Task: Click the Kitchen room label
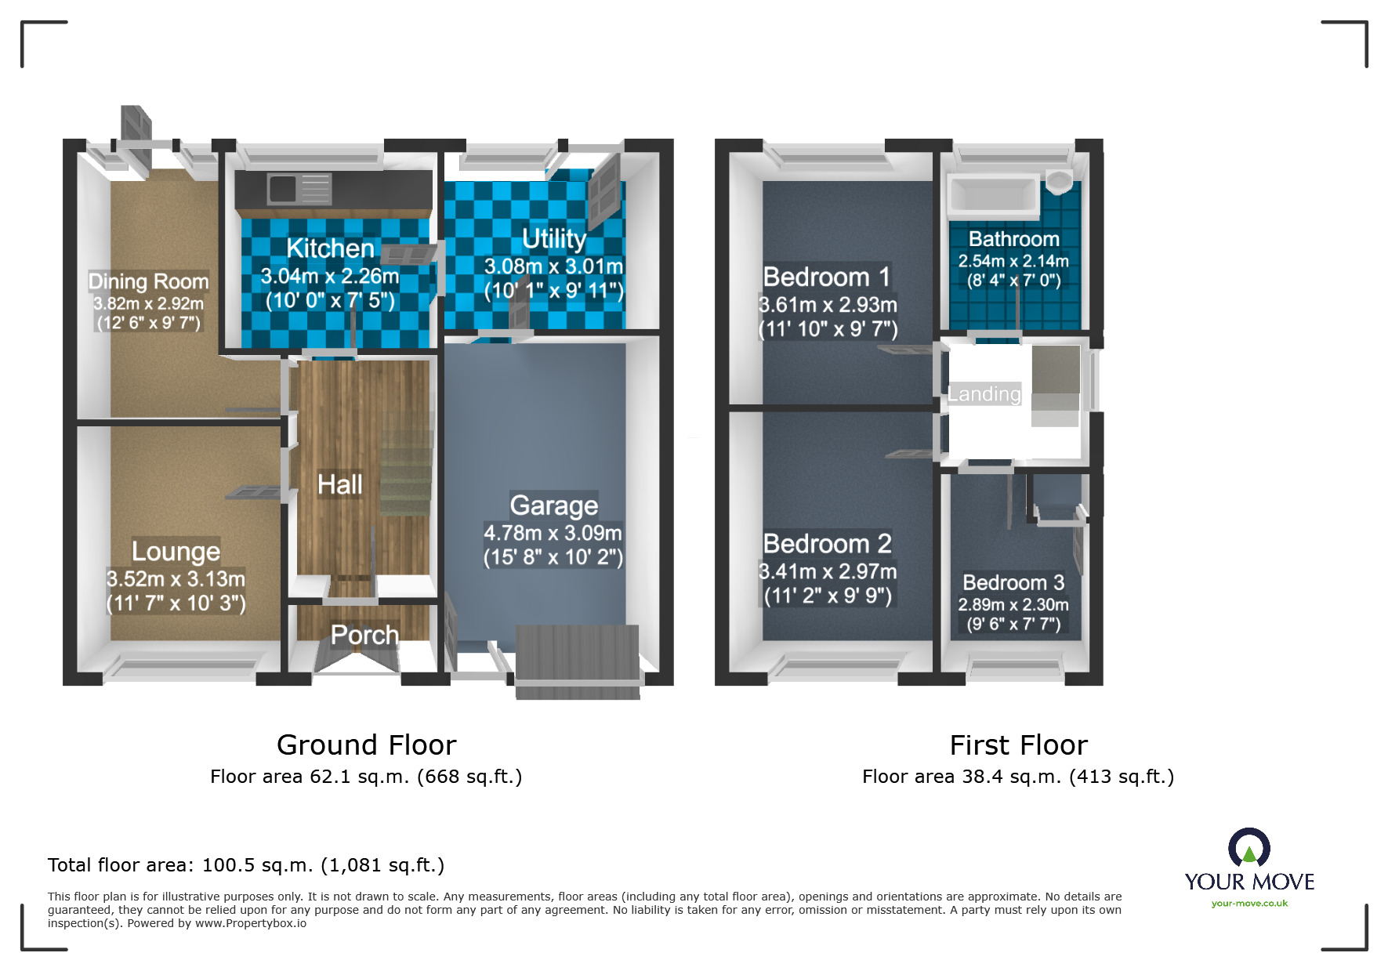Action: (330, 248)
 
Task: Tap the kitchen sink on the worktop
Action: (283, 188)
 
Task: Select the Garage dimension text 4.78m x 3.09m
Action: (553, 533)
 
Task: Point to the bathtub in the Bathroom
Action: (993, 194)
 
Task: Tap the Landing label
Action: (984, 393)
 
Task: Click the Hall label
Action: (339, 484)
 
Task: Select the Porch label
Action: (364, 635)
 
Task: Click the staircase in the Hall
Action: (407, 470)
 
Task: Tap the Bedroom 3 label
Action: (1013, 582)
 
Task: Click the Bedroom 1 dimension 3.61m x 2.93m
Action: (828, 305)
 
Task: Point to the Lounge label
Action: (176, 551)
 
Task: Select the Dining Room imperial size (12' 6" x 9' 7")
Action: (148, 323)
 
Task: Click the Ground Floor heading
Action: (366, 745)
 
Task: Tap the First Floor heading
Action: (1018, 745)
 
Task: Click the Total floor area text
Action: (245, 865)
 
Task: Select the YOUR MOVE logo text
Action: (1249, 882)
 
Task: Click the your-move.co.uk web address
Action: (1249, 904)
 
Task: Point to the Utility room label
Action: (553, 238)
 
